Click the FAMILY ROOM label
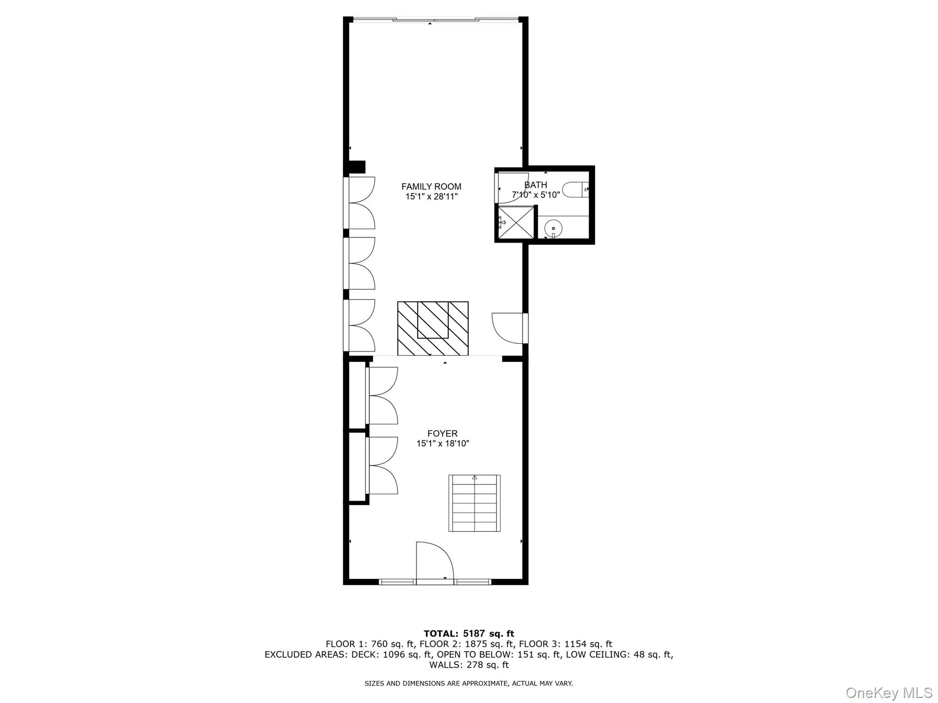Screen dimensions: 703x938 coord(431,186)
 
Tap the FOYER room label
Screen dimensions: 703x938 coord(442,433)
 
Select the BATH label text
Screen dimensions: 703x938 coord(535,185)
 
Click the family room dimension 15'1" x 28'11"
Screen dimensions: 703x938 coord(431,197)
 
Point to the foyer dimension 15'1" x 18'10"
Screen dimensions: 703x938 coord(442,443)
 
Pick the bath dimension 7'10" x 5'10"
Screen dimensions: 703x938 coord(535,195)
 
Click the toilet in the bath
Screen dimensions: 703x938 coord(574,189)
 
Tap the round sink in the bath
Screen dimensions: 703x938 coord(553,227)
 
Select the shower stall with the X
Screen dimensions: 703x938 coord(516,222)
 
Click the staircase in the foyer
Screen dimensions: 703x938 coord(474,503)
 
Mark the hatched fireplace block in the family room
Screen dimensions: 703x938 coord(432,328)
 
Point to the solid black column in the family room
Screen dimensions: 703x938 coord(357,167)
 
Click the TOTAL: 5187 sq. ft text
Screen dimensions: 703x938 coord(469,633)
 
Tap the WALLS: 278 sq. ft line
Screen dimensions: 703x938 coord(469,665)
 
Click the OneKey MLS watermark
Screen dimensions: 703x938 coord(889,692)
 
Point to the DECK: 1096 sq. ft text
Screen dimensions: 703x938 coord(392,654)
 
